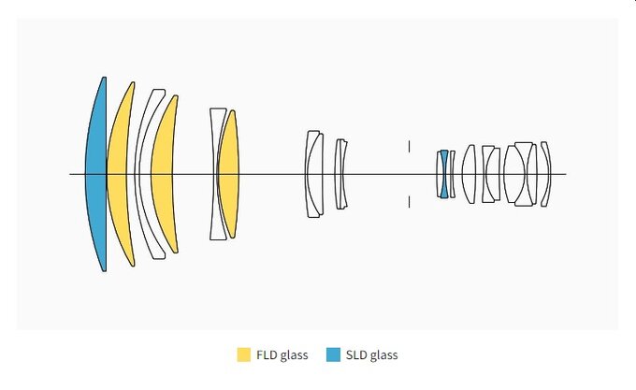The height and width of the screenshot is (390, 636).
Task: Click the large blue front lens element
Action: [x=95, y=175]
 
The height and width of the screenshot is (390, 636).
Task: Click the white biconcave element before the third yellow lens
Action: [x=216, y=175]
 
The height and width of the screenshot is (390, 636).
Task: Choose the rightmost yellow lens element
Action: [x=229, y=175]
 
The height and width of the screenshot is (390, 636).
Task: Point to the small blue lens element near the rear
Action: [x=444, y=174]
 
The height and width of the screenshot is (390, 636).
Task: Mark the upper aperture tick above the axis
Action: [x=409, y=145]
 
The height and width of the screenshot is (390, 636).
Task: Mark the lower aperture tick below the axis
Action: [x=409, y=202]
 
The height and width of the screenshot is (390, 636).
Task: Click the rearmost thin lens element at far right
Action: [x=546, y=174]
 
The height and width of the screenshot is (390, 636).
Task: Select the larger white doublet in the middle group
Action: [x=314, y=175]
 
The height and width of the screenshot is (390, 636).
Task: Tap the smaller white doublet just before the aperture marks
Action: [x=341, y=175]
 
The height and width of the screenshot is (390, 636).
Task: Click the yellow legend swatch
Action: [x=243, y=355]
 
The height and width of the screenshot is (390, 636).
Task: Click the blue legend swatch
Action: [x=333, y=355]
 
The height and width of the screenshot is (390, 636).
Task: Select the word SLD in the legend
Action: [x=356, y=355]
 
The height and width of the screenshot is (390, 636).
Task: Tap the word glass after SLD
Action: [x=384, y=355]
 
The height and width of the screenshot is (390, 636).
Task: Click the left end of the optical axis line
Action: [x=71, y=174]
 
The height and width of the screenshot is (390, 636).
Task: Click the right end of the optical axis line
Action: [x=565, y=174]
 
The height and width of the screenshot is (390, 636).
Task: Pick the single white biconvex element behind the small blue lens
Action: [x=469, y=174]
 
